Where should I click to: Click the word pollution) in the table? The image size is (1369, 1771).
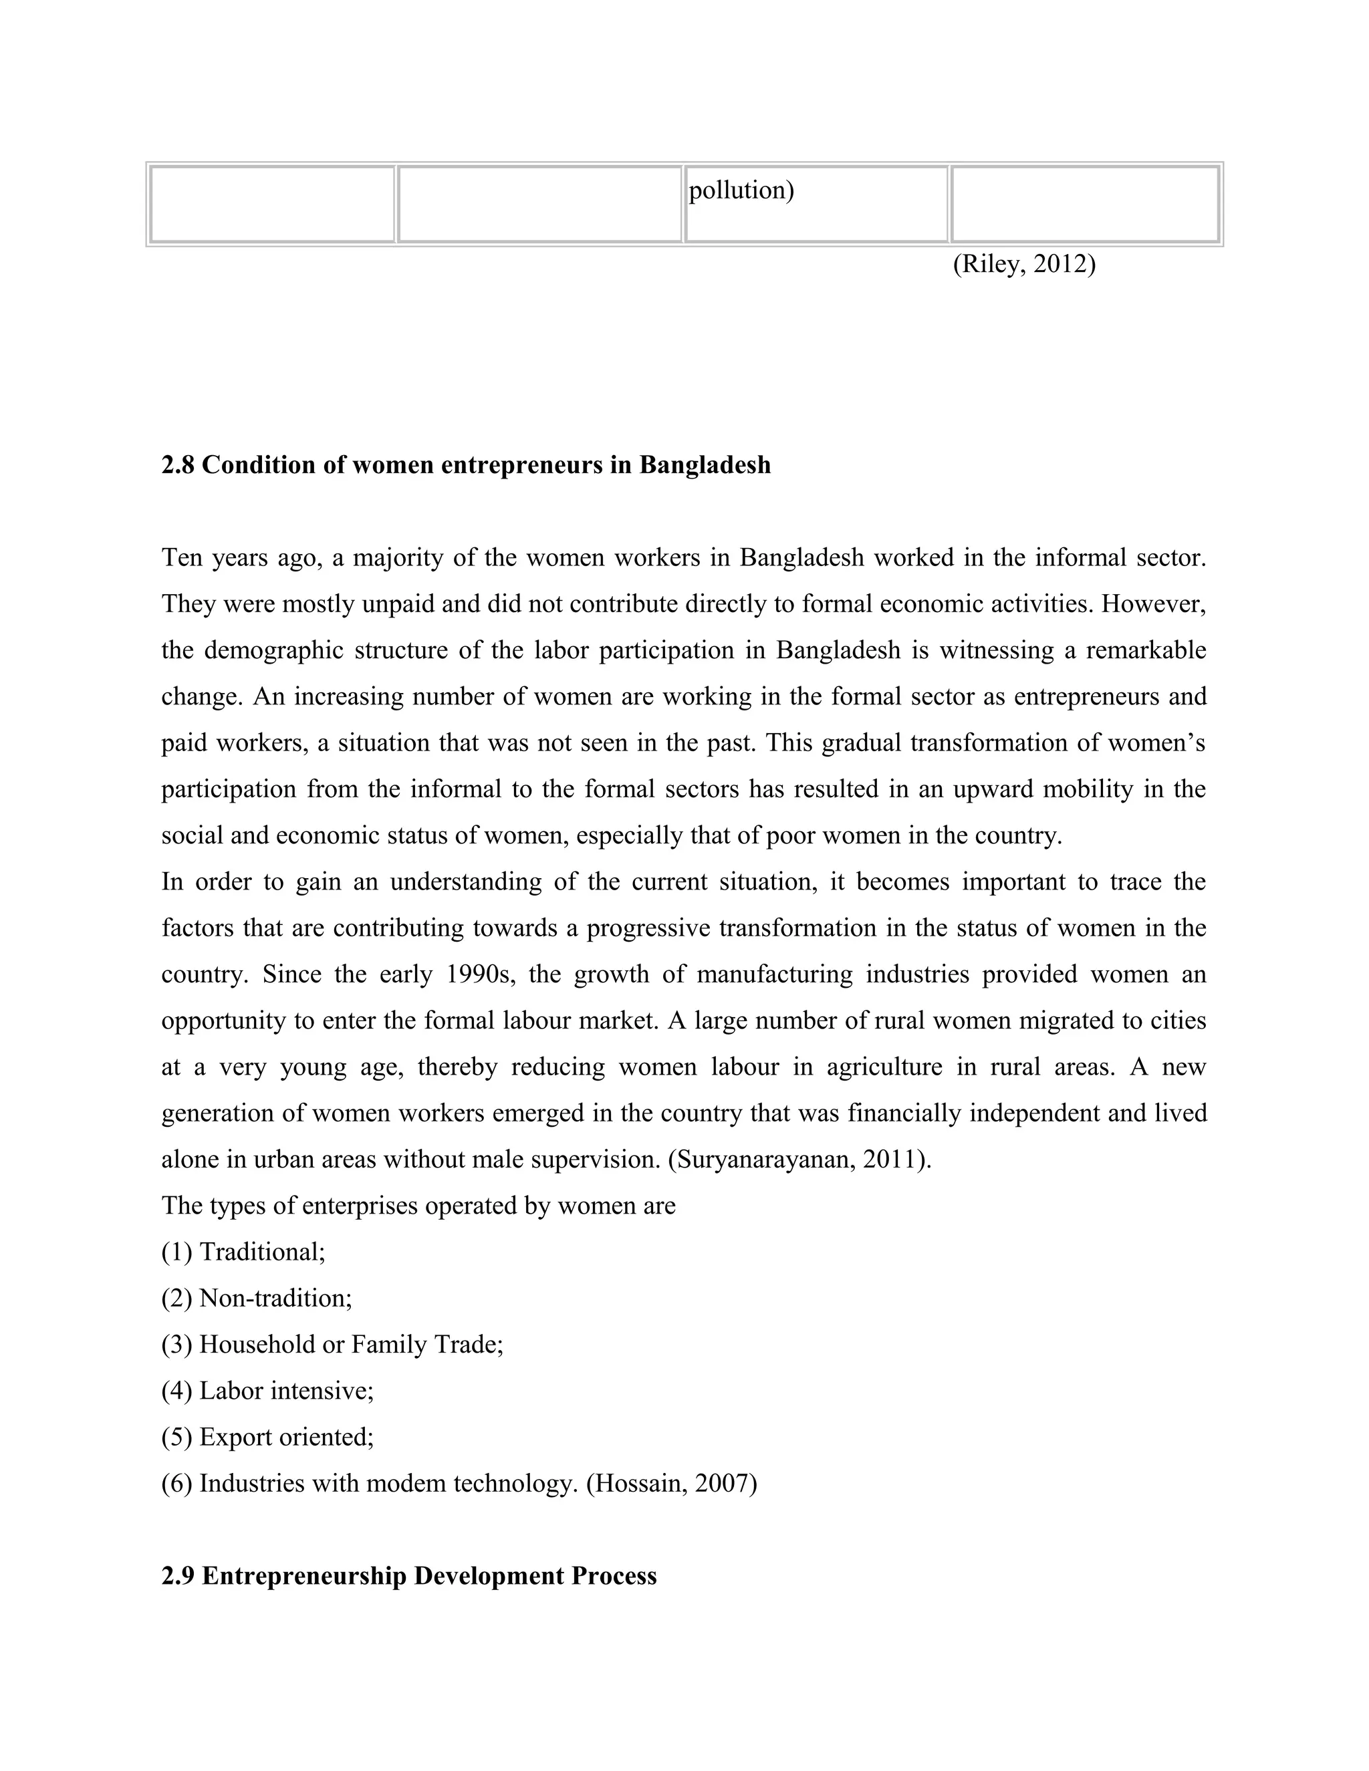[741, 190]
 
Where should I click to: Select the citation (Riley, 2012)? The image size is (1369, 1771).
[1023, 265]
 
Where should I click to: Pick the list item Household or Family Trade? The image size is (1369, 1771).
[350, 1345]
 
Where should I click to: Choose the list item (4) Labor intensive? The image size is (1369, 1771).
[267, 1391]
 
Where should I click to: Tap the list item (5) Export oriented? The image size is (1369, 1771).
[267, 1437]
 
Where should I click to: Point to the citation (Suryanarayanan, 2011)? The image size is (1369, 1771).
[799, 1160]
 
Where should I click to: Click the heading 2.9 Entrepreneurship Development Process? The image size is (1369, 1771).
[408, 1576]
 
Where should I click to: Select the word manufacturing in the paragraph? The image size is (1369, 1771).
[773, 974]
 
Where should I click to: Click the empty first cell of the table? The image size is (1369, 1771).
[271, 204]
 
